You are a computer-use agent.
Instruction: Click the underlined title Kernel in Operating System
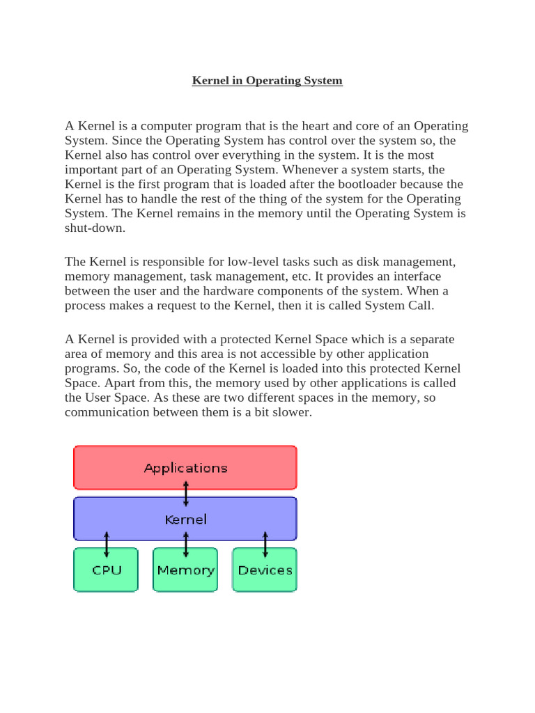[267, 81]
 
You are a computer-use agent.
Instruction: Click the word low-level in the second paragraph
[252, 262]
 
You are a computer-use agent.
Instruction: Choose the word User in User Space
[100, 398]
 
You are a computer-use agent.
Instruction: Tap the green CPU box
[107, 570]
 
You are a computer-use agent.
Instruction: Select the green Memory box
[185, 570]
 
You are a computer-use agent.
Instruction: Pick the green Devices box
[265, 570]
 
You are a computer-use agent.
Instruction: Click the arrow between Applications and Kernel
[186, 494]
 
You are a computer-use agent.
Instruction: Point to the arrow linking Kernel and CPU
[107, 544]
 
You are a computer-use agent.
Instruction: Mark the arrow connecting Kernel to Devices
[265, 544]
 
